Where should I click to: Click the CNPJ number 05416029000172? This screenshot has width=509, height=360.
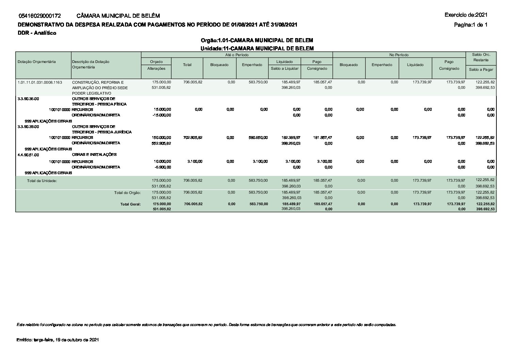40,16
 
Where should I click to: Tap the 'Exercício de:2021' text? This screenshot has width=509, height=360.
466,15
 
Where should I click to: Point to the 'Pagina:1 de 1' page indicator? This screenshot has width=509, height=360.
471,24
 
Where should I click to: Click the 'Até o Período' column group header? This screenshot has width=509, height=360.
237,55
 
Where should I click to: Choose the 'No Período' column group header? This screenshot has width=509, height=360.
399,55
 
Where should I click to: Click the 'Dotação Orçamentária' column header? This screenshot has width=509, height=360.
36,62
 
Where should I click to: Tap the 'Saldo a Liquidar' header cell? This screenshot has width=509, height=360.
285,68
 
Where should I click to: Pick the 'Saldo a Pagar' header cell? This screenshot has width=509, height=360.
481,69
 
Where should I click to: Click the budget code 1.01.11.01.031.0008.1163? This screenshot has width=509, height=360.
40,82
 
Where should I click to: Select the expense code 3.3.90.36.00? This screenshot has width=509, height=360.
28,99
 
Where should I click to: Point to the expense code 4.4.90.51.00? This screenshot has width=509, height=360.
28,154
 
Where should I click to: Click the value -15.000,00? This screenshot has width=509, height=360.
162,115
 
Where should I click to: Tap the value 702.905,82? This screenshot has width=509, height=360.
193,137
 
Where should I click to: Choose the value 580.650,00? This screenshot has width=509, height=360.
258,137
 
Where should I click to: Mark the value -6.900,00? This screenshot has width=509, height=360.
162,167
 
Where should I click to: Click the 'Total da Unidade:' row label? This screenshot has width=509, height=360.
42,181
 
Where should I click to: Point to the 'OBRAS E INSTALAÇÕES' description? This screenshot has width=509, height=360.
94,154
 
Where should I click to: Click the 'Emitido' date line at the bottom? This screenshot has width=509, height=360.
58,340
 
